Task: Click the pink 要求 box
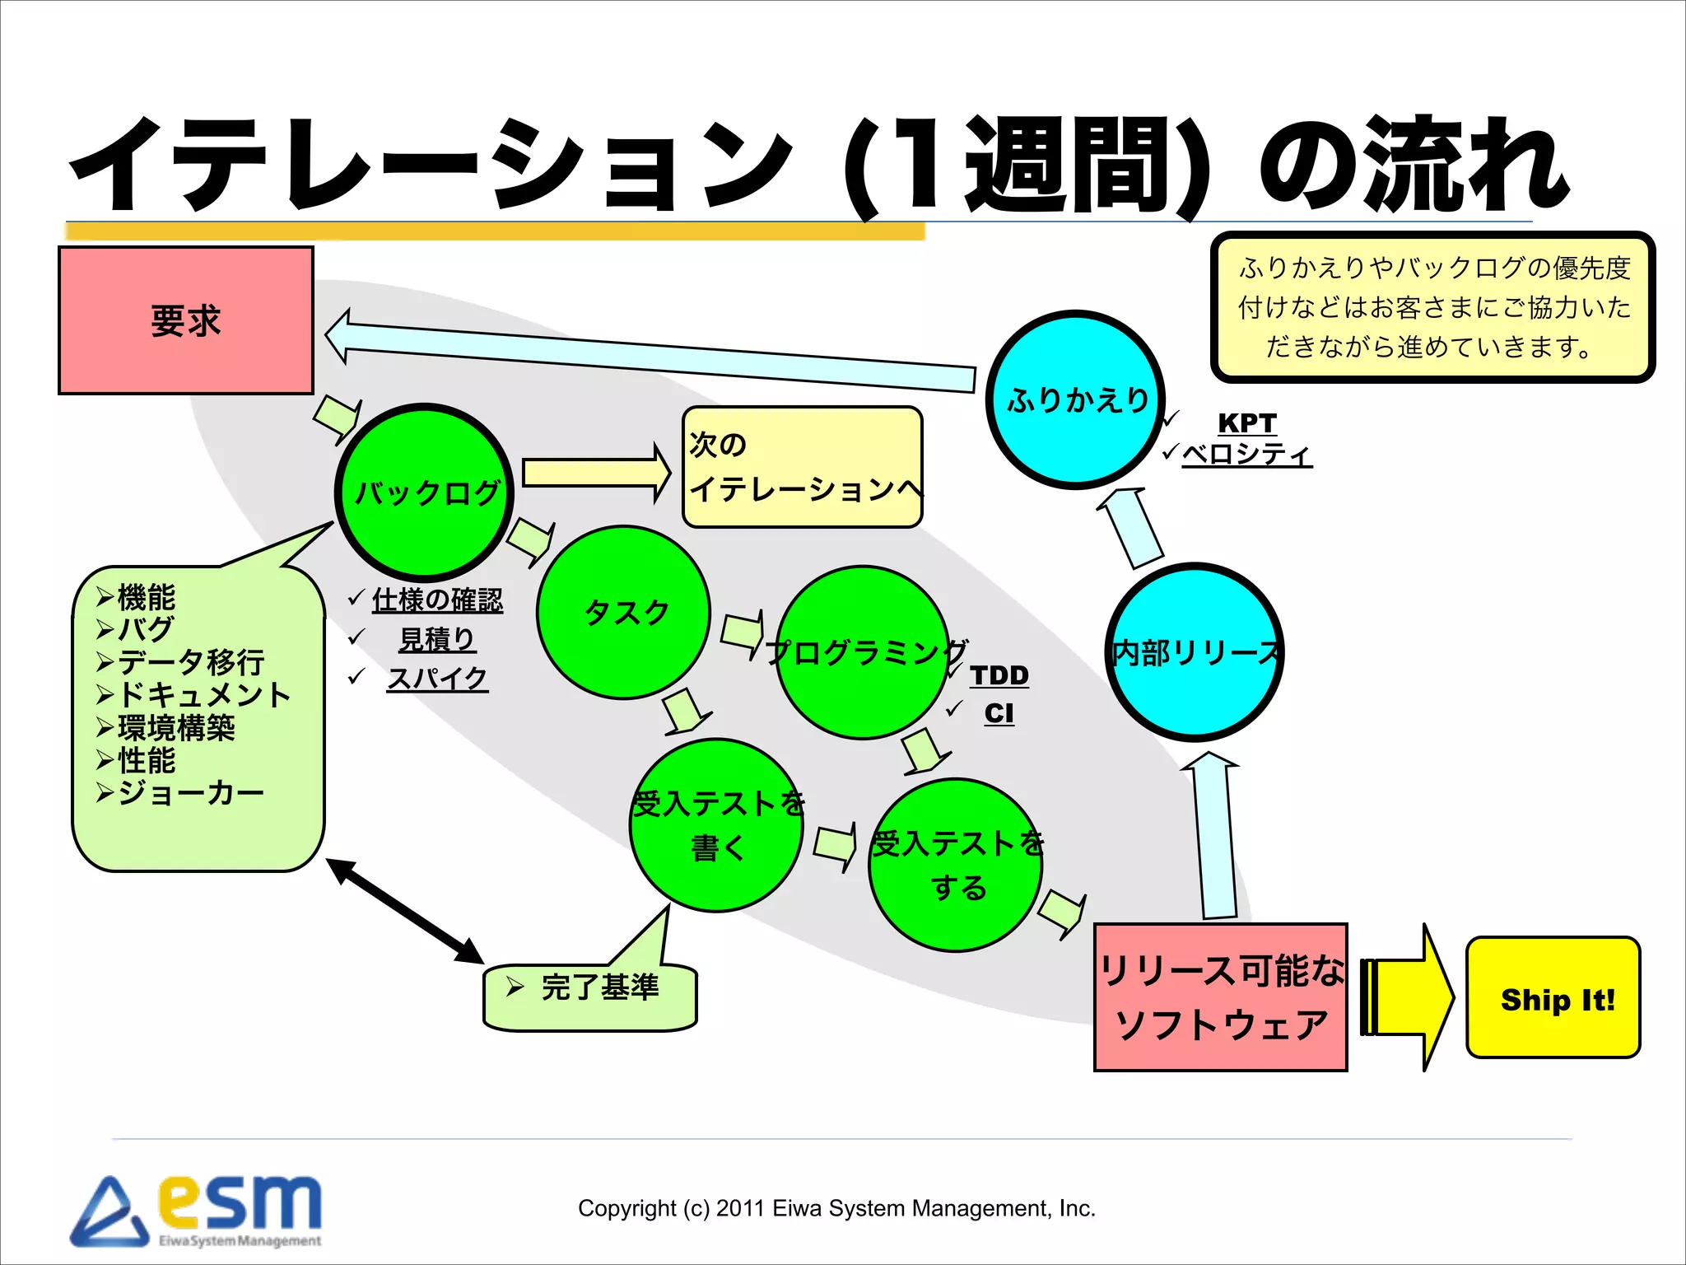click(x=186, y=320)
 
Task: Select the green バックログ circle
click(x=425, y=492)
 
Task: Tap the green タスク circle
click(x=624, y=613)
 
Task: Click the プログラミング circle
click(x=863, y=653)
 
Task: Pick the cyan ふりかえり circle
click(x=1075, y=400)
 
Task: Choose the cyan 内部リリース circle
click(x=1195, y=653)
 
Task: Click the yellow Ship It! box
click(x=1553, y=998)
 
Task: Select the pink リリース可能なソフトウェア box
click(x=1220, y=997)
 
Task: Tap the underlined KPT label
click(x=1246, y=422)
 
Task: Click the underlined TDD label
click(x=999, y=675)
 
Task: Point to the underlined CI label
click(x=999, y=713)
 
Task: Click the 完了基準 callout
click(x=590, y=987)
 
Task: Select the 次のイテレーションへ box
click(x=802, y=467)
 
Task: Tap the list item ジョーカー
click(x=190, y=792)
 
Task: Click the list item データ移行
click(x=190, y=661)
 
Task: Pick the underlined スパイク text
click(x=437, y=678)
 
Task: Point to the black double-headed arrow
click(x=404, y=910)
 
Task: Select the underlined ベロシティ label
click(x=1246, y=455)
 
